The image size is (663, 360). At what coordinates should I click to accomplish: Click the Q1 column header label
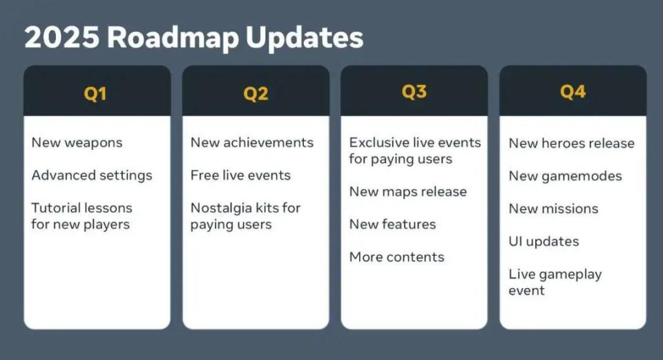pyautogui.click(x=95, y=93)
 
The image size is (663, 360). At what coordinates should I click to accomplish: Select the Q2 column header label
pyautogui.click(x=256, y=93)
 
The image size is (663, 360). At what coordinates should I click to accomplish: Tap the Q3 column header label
pyautogui.click(x=414, y=91)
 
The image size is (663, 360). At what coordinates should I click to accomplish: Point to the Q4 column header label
pyautogui.click(x=573, y=91)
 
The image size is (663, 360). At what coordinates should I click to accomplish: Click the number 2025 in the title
pyautogui.click(x=62, y=37)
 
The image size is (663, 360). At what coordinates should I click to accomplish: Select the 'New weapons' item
pyautogui.click(x=77, y=143)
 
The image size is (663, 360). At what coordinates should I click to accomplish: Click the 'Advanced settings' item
pyautogui.click(x=92, y=176)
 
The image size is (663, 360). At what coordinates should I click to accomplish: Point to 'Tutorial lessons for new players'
pyautogui.click(x=81, y=216)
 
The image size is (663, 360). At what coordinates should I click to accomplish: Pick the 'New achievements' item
pyautogui.click(x=252, y=142)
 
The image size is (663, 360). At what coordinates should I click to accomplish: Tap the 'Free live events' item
pyautogui.click(x=240, y=175)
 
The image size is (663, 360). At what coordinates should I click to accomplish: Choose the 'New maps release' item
pyautogui.click(x=408, y=192)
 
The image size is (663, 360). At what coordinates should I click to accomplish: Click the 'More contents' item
pyautogui.click(x=397, y=257)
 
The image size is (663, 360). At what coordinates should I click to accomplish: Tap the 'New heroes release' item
pyautogui.click(x=572, y=144)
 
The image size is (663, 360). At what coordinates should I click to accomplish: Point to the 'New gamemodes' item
pyautogui.click(x=566, y=176)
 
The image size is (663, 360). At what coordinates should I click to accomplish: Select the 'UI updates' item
pyautogui.click(x=544, y=242)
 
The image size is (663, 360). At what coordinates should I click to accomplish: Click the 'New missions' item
pyautogui.click(x=553, y=209)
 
